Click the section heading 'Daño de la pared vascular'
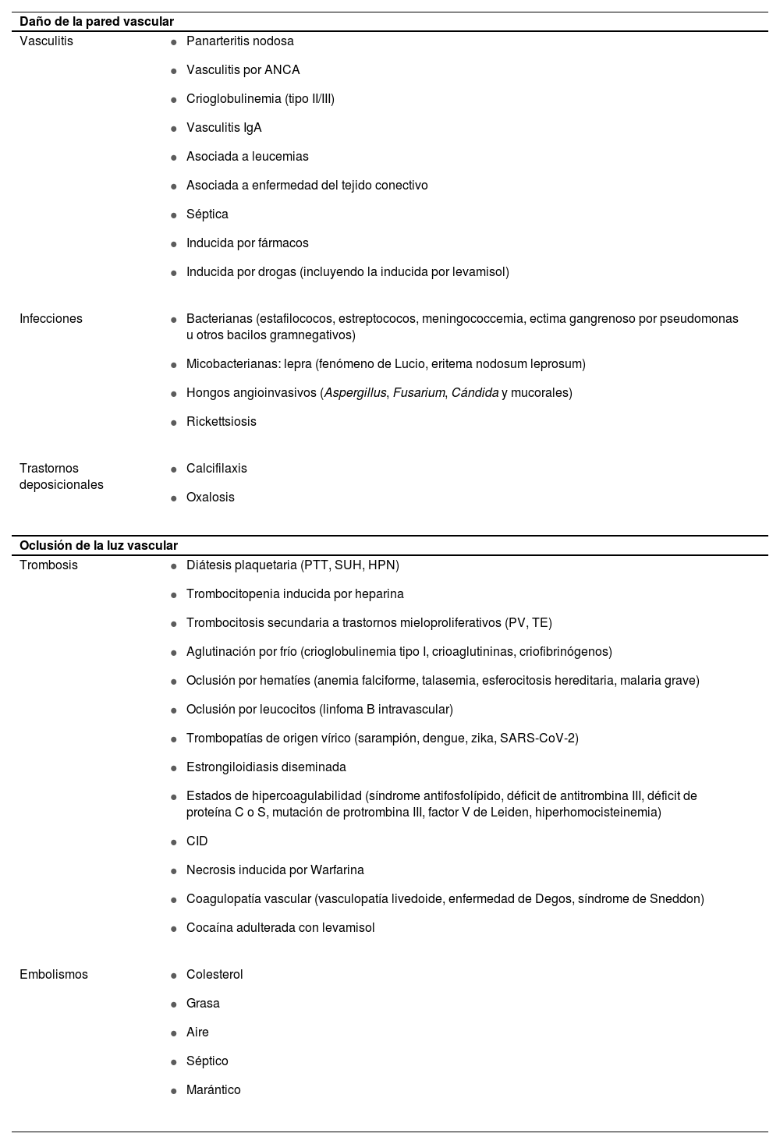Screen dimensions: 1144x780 pyautogui.click(x=96, y=22)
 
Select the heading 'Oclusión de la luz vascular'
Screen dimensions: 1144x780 pyautogui.click(x=98, y=546)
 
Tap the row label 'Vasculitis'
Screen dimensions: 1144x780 pyautogui.click(x=46, y=41)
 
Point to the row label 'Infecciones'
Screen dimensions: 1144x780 pyautogui.click(x=51, y=319)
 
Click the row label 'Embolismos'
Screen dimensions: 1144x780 pyautogui.click(x=54, y=975)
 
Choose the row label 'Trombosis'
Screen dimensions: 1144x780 pyautogui.click(x=48, y=565)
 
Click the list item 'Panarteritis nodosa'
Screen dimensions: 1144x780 pyautogui.click(x=239, y=41)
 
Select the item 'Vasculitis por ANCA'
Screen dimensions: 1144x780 pyautogui.click(x=243, y=70)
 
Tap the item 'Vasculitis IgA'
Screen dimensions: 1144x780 pyautogui.click(x=224, y=128)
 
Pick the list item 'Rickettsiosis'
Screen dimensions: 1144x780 pyautogui.click(x=221, y=422)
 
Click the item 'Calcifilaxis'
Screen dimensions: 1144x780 pyautogui.click(x=216, y=469)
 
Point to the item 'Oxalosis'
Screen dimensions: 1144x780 pyautogui.click(x=210, y=498)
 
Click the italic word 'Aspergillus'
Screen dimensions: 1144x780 pyautogui.click(x=355, y=393)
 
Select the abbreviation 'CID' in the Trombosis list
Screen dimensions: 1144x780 pyautogui.click(x=197, y=841)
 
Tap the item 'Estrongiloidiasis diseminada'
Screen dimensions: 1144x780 pyautogui.click(x=266, y=767)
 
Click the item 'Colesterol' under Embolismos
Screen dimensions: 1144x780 pyautogui.click(x=214, y=975)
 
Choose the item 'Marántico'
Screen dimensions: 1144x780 pyautogui.click(x=213, y=1090)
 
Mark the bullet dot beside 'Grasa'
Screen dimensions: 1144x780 pyautogui.click(x=174, y=1004)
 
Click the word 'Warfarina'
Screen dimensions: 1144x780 pyautogui.click(x=337, y=870)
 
